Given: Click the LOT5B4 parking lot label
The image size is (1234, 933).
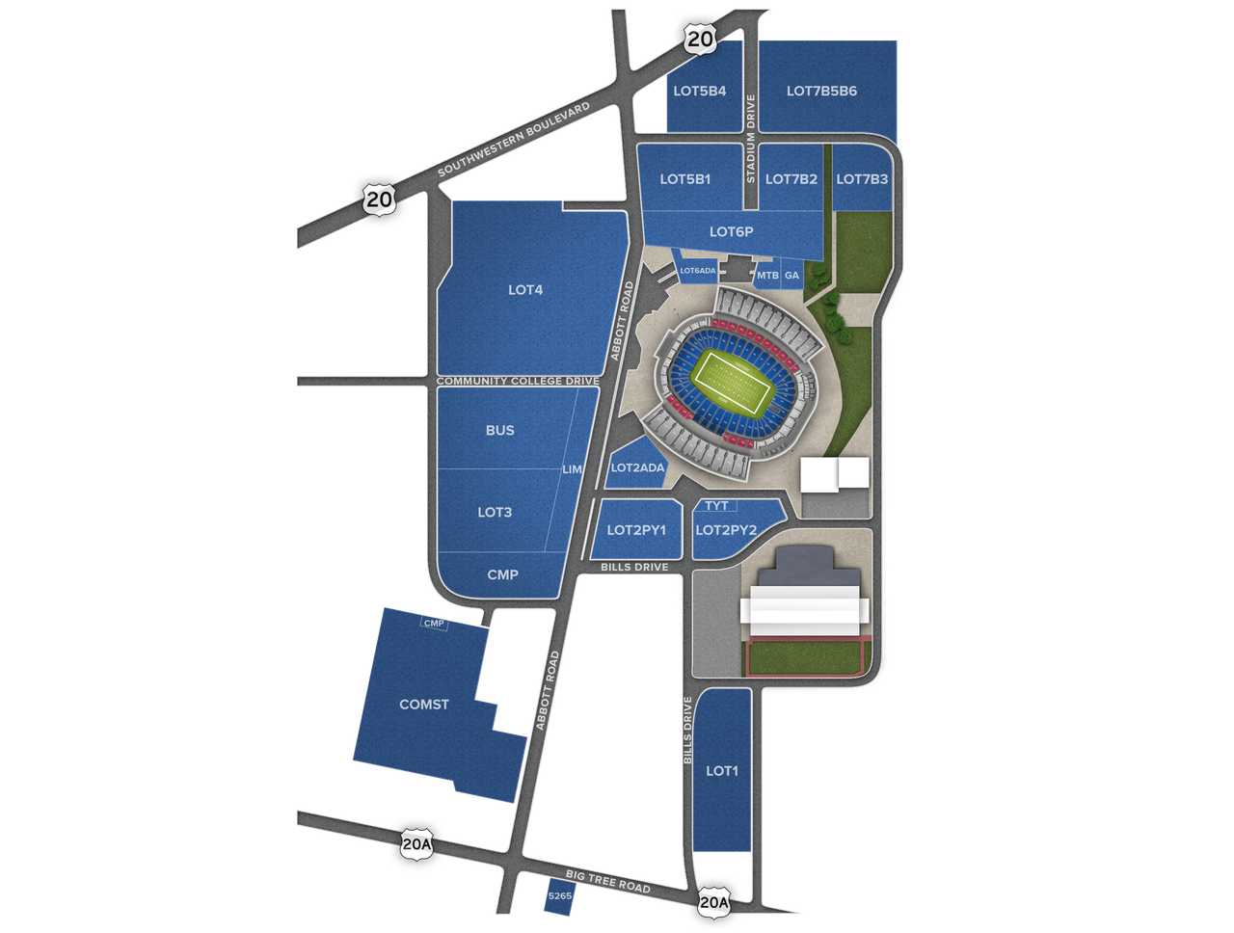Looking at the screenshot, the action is [700, 92].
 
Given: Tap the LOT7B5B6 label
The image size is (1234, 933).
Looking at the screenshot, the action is [821, 92].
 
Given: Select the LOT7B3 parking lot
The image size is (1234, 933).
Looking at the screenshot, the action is [862, 179].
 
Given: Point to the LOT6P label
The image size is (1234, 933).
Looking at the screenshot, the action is [731, 232].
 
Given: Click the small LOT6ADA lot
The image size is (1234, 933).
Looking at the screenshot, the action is [698, 271].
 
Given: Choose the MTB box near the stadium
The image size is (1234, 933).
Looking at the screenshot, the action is [766, 276].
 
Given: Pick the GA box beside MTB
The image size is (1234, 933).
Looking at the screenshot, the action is [791, 276].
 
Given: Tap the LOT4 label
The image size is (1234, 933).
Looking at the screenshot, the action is [525, 290].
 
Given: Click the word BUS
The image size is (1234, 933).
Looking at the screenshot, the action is [499, 431].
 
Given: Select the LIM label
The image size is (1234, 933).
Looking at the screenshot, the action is [572, 469].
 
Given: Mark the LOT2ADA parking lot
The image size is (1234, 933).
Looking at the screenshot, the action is [637, 467].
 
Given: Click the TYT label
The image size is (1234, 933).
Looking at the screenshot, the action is [716, 506].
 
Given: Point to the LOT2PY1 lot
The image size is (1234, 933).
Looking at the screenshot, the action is [636, 530].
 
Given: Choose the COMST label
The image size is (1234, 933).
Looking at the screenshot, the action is [424, 705].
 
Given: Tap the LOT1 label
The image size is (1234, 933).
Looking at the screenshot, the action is [721, 771].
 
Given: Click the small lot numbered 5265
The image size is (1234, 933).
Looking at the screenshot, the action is [559, 896].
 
